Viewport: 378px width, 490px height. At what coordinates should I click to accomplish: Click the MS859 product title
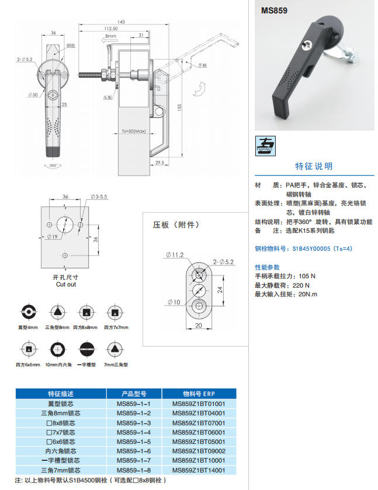274,10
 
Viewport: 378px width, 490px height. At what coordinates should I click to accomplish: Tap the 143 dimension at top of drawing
121,22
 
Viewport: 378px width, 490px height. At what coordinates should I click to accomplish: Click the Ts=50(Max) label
133,131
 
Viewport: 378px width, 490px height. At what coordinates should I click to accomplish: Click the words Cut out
65,284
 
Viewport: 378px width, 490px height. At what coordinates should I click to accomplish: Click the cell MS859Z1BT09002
199,451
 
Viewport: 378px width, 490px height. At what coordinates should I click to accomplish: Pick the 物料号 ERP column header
199,393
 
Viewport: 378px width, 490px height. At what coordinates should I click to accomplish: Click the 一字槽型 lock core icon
86,349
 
